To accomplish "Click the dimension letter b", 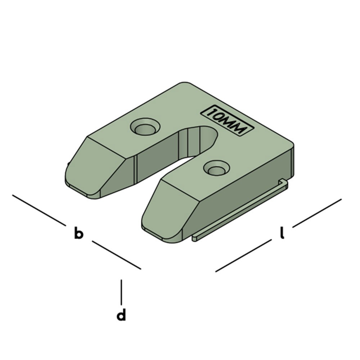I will pyautogui.click(x=78, y=233).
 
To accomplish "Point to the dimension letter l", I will pyautogui.click(x=282, y=233).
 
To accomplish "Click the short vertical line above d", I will pyautogui.click(x=122, y=292).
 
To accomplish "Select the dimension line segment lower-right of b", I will pyautogui.click(x=116, y=255).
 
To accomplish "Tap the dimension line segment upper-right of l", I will pyautogui.click(x=317, y=213).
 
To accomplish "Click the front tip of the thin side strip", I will pyautogui.click(x=194, y=238).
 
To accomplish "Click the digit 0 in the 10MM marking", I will pyautogui.click(x=220, y=117).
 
